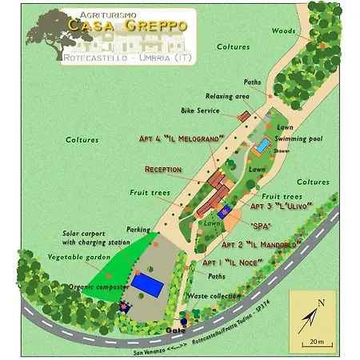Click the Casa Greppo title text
pyautogui.click(x=128, y=26)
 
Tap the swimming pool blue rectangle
pyautogui.click(x=262, y=147)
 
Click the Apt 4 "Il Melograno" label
pyautogui.click(x=180, y=138)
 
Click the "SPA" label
pyautogui.click(x=262, y=226)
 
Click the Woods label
pyautogui.click(x=282, y=31)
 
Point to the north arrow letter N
pyautogui.click(x=321, y=302)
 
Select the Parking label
pyautogui.click(x=138, y=229)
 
